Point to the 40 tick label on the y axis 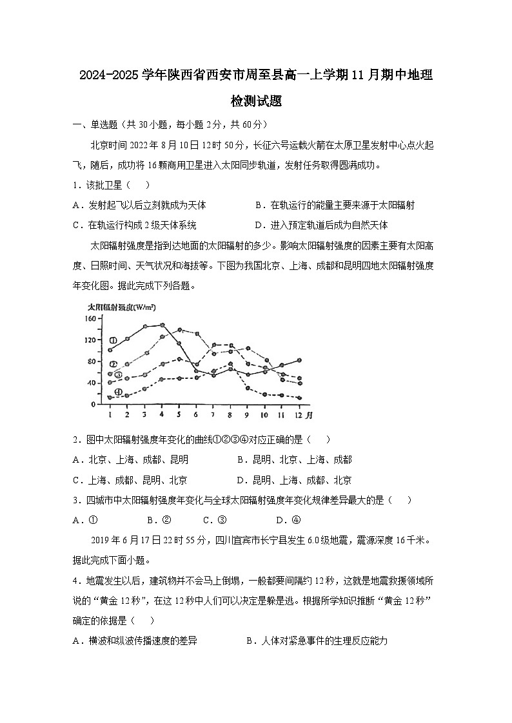pyautogui.click(x=91, y=383)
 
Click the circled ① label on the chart pyautogui.click(x=113, y=340)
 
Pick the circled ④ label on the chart pyautogui.click(x=118, y=392)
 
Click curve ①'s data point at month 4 pyautogui.click(x=162, y=325)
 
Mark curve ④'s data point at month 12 pyautogui.click(x=300, y=398)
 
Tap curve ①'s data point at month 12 pyautogui.click(x=300, y=360)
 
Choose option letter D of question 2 pyautogui.click(x=241, y=480)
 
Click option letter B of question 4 pyautogui.click(x=250, y=641)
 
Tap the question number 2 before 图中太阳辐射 pyautogui.click(x=76, y=440)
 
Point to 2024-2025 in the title pyautogui.click(x=106, y=76)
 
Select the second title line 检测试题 pyautogui.click(x=255, y=101)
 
